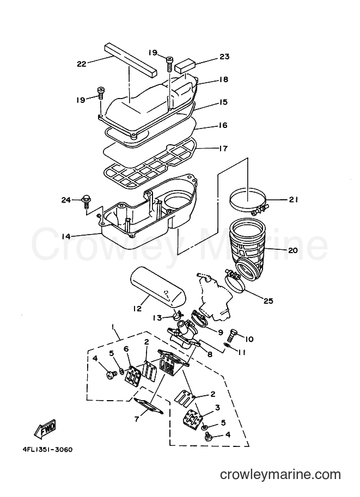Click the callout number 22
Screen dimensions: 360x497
tap(82, 64)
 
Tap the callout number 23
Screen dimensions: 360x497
tap(224, 57)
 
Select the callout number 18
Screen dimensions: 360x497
tap(224, 79)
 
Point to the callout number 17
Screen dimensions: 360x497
tap(224, 148)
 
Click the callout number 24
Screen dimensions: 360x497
tap(66, 200)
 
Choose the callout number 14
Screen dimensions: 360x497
tap(66, 236)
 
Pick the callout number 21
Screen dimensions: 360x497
tap(294, 200)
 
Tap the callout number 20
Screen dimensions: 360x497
tap(293, 250)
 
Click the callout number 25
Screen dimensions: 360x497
tap(269, 301)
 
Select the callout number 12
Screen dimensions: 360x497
tap(137, 308)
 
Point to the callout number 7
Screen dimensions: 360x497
tap(137, 419)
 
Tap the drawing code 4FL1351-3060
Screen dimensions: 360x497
tap(47, 450)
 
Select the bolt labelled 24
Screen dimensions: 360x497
tap(86, 201)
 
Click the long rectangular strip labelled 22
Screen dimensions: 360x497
tap(130, 60)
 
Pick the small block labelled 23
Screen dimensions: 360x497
tap(186, 65)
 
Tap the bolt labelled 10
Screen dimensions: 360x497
tap(232, 334)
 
